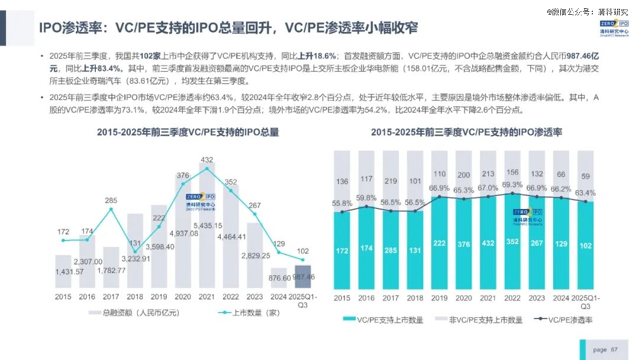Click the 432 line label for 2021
click(207, 160)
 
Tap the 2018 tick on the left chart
click(135, 297)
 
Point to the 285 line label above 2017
click(111, 201)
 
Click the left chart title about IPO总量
click(188, 132)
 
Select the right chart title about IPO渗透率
click(467, 132)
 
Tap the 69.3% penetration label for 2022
click(512, 185)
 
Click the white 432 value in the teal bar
click(488, 243)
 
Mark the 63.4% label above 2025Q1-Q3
click(585, 192)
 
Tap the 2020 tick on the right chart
click(463, 299)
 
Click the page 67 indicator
click(605, 349)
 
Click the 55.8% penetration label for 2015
click(342, 203)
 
